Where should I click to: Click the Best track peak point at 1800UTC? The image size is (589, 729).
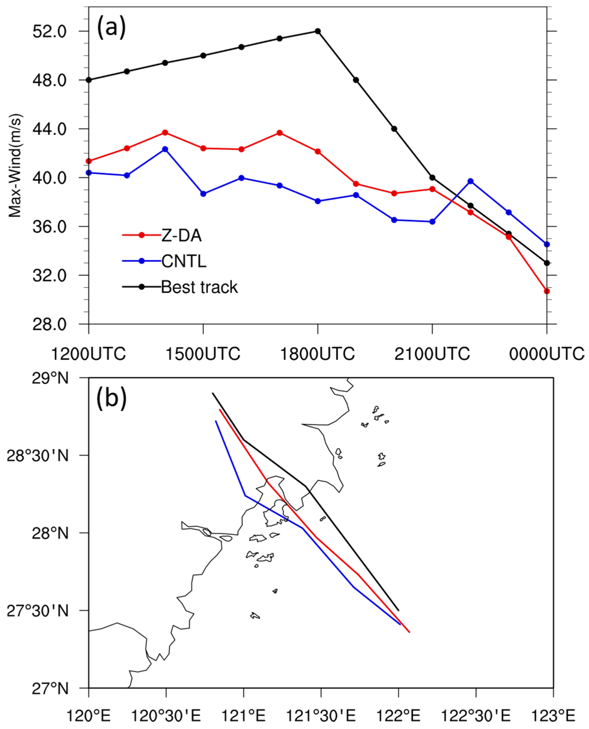[318, 31]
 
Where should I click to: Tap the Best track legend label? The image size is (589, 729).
[199, 287]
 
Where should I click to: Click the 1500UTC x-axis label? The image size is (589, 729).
[203, 354]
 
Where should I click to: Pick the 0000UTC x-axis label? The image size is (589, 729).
[546, 354]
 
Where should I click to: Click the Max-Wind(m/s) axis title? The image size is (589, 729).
[15, 166]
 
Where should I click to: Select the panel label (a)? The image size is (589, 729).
[111, 28]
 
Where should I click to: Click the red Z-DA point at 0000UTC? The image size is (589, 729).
[546, 291]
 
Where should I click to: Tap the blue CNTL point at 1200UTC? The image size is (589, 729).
[89, 173]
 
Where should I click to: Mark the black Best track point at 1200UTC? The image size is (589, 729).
[89, 80]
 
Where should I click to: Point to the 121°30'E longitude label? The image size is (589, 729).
[321, 716]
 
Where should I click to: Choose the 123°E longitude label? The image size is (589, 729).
[553, 716]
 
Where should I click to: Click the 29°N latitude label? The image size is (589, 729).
[50, 378]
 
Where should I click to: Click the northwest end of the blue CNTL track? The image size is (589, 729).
[216, 422]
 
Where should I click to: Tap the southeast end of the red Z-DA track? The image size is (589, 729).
[409, 632]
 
